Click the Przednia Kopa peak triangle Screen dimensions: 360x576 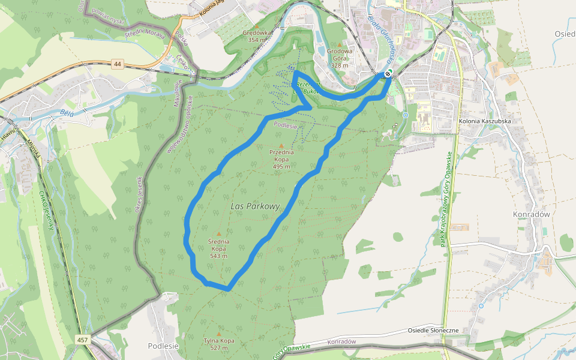pos(281,145)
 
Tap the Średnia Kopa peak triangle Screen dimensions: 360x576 pos(218,233)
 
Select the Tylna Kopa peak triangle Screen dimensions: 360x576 pos(218,334)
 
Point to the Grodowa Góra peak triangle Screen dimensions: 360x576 pos(340,44)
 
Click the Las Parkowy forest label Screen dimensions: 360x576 pos(255,206)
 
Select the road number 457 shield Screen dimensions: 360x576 pos(82,340)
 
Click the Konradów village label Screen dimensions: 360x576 pos(532,214)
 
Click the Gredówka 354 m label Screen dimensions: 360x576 pos(257,35)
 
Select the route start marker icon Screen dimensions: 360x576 pos(388,73)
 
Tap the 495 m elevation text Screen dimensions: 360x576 pos(281,167)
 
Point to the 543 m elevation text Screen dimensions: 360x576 pos(218,256)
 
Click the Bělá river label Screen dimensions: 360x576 pos(67,112)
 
